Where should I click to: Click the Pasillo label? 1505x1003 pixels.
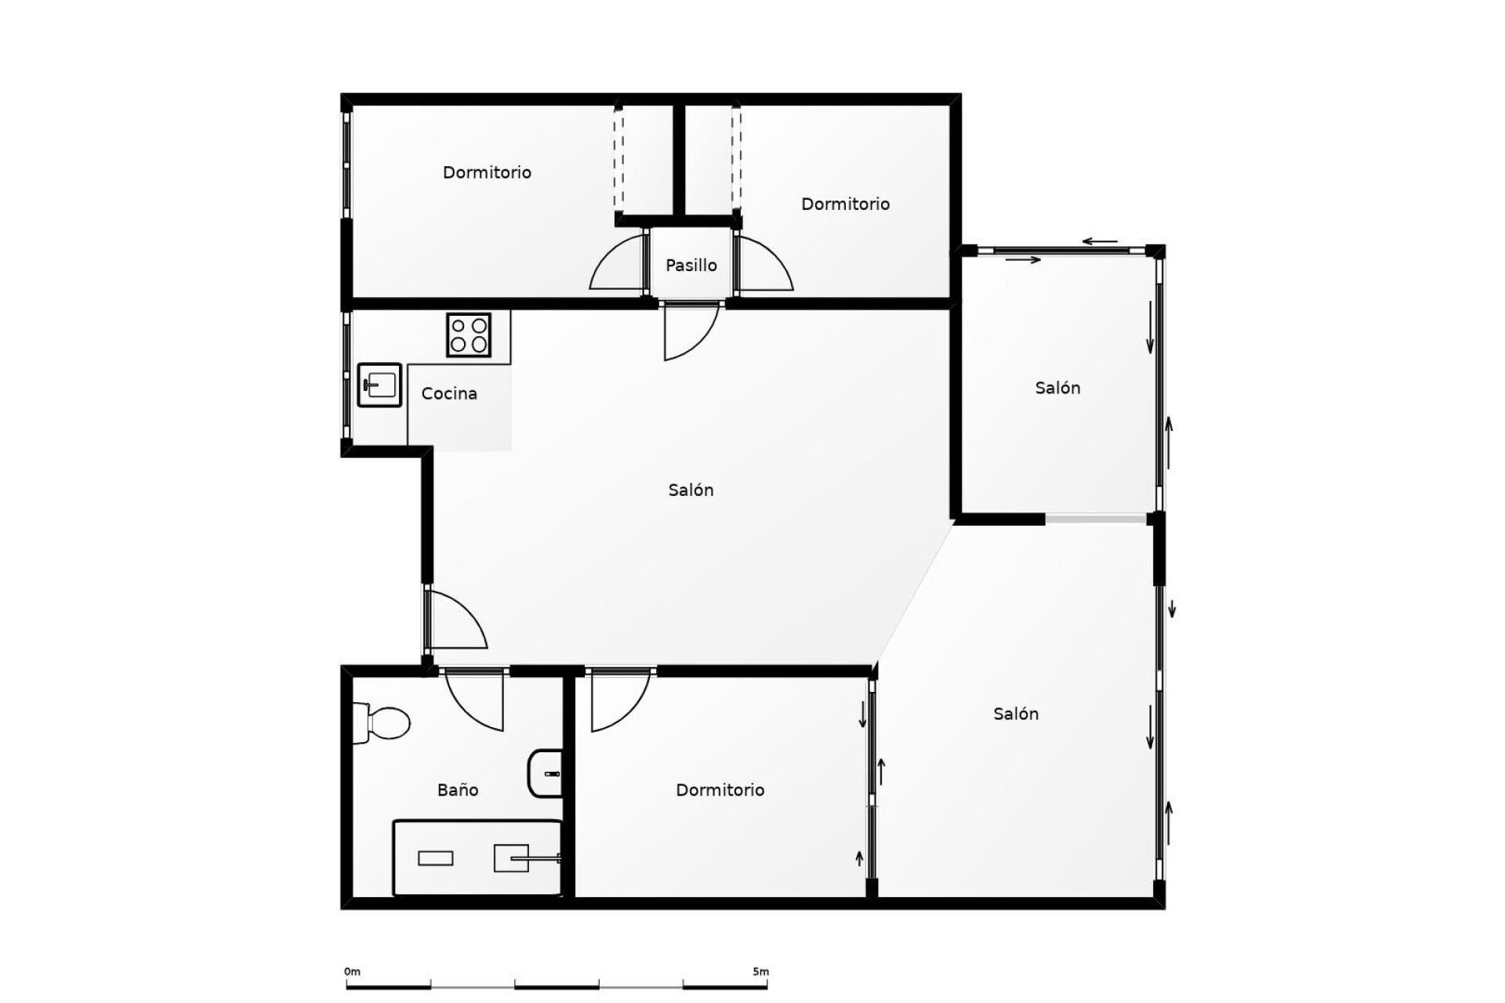691,266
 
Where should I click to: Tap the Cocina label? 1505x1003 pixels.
449,393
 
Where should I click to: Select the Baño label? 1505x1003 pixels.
458,790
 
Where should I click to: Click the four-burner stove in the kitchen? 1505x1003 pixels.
469,335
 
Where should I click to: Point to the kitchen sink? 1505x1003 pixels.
379,385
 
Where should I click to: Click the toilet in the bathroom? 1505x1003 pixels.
382,722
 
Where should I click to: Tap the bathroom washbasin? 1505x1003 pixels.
546,773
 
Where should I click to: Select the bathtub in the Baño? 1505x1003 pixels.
477,858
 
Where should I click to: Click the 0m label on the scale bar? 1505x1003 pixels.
352,972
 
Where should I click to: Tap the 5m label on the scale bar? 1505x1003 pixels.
760,972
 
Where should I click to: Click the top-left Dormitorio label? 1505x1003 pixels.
487,172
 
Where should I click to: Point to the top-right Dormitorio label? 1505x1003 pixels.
845,204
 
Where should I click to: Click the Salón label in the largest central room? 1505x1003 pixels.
691,490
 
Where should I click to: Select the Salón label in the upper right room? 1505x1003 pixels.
1057,388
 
